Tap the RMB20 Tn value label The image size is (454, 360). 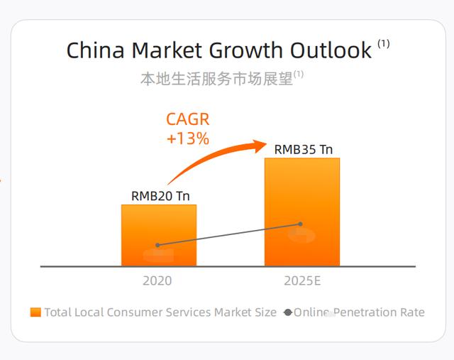point(160,196)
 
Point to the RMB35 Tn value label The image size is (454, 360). point(304,149)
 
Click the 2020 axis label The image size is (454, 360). point(157,280)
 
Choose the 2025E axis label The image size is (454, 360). point(302,280)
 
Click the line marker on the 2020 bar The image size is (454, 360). point(157,245)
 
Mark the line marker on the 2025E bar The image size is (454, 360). point(301,224)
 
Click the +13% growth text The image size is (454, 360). point(187,138)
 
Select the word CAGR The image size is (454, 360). point(187,119)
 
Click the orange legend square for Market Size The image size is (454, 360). point(35,312)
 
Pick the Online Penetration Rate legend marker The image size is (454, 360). point(287,312)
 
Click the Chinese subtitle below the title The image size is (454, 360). point(216,79)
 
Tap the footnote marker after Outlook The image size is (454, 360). point(384,44)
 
